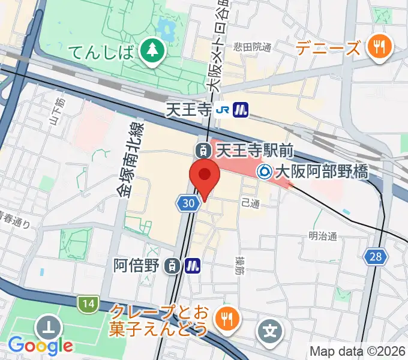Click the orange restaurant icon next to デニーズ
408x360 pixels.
coord(380,47)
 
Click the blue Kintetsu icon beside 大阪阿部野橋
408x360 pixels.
coord(264,172)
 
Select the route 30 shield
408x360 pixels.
coord(188,204)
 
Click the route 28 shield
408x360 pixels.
coord(376,257)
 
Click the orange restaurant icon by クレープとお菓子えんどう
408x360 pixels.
coord(228,320)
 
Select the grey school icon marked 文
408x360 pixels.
coord(270,331)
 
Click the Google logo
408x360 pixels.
coord(40,346)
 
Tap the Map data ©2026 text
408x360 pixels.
coord(358,351)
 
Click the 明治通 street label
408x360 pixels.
coord(323,236)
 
